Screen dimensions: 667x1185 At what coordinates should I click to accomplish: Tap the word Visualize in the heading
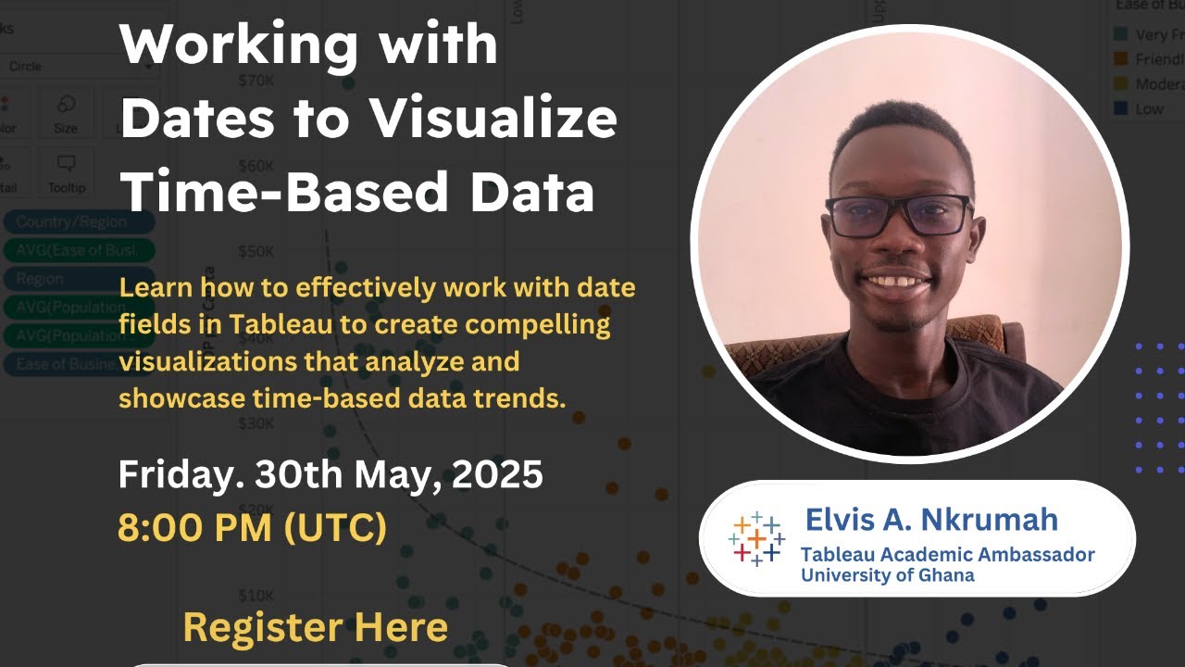pos(492,120)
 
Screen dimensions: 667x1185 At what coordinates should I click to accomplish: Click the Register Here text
pos(316,627)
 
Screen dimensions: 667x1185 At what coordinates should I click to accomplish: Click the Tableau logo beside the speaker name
pos(755,538)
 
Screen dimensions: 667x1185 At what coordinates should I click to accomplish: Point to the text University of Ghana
pos(887,575)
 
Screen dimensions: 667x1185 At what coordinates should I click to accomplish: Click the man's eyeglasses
pos(898,215)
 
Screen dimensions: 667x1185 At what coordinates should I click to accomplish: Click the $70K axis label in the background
pos(256,81)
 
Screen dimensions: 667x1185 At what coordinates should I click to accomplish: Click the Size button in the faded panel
pos(66,114)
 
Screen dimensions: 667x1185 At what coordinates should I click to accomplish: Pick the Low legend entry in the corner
pos(1148,108)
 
